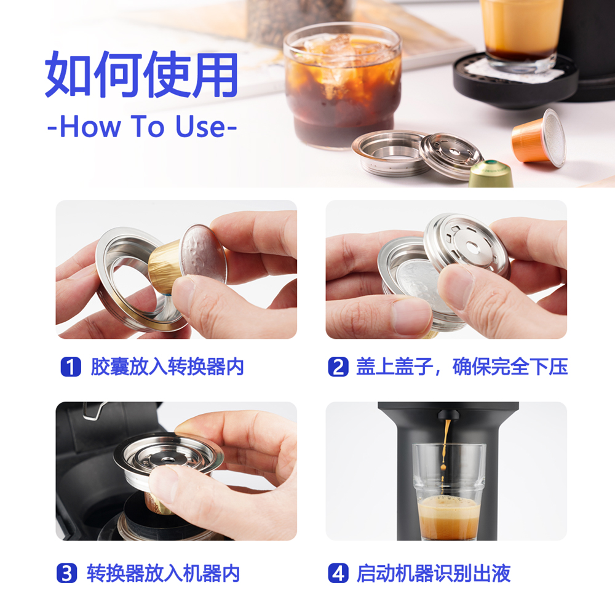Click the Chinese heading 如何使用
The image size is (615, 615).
tap(142, 76)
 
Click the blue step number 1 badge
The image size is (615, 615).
tap(71, 367)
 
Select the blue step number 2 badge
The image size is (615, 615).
tap(338, 367)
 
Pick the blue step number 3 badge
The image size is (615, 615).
tap(67, 574)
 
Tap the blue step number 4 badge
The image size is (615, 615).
tap(338, 574)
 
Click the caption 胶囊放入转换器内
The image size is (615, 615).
tap(167, 367)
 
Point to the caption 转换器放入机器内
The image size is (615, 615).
tap(162, 574)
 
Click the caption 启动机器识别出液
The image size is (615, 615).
tap(434, 574)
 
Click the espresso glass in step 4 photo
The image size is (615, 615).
tap(448, 492)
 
